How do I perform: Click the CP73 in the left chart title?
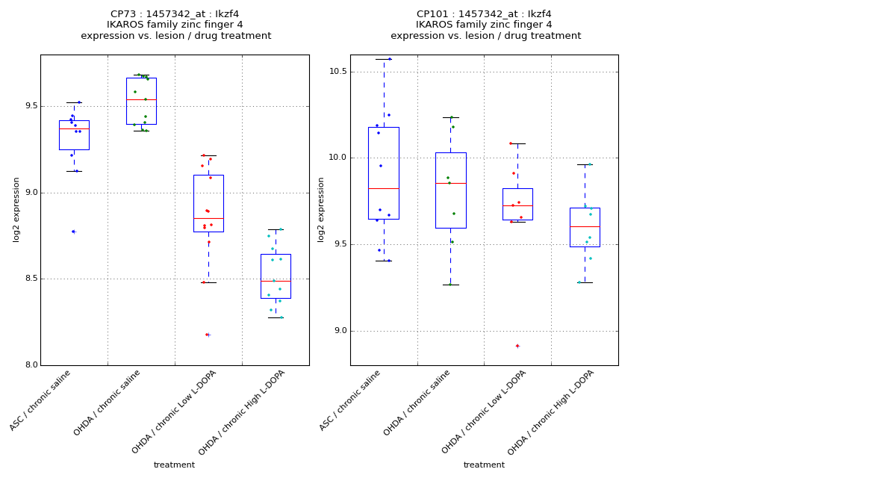pyautogui.click(x=123, y=14)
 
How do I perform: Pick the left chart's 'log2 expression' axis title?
pyautogui.click(x=16, y=209)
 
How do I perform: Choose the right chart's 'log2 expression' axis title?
pyautogui.click(x=321, y=209)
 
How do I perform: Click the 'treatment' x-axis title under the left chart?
pyautogui.click(x=174, y=465)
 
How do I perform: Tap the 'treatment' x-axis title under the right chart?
pyautogui.click(x=484, y=465)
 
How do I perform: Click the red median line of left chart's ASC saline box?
pyautogui.click(x=74, y=128)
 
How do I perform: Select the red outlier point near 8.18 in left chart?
pyautogui.click(x=207, y=335)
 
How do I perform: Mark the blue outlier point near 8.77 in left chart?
pyautogui.click(x=73, y=232)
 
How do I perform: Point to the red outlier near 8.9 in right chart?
pyautogui.click(x=517, y=346)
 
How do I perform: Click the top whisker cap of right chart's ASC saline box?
pyautogui.click(x=384, y=59)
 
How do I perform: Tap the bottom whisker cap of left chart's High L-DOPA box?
pyautogui.click(x=276, y=317)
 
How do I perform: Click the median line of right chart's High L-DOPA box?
pyautogui.click(x=585, y=226)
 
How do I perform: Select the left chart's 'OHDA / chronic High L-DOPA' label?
pyautogui.click(x=243, y=412)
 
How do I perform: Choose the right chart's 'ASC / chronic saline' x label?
pyautogui.click(x=351, y=400)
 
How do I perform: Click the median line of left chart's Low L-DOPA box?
pyautogui.click(x=208, y=218)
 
